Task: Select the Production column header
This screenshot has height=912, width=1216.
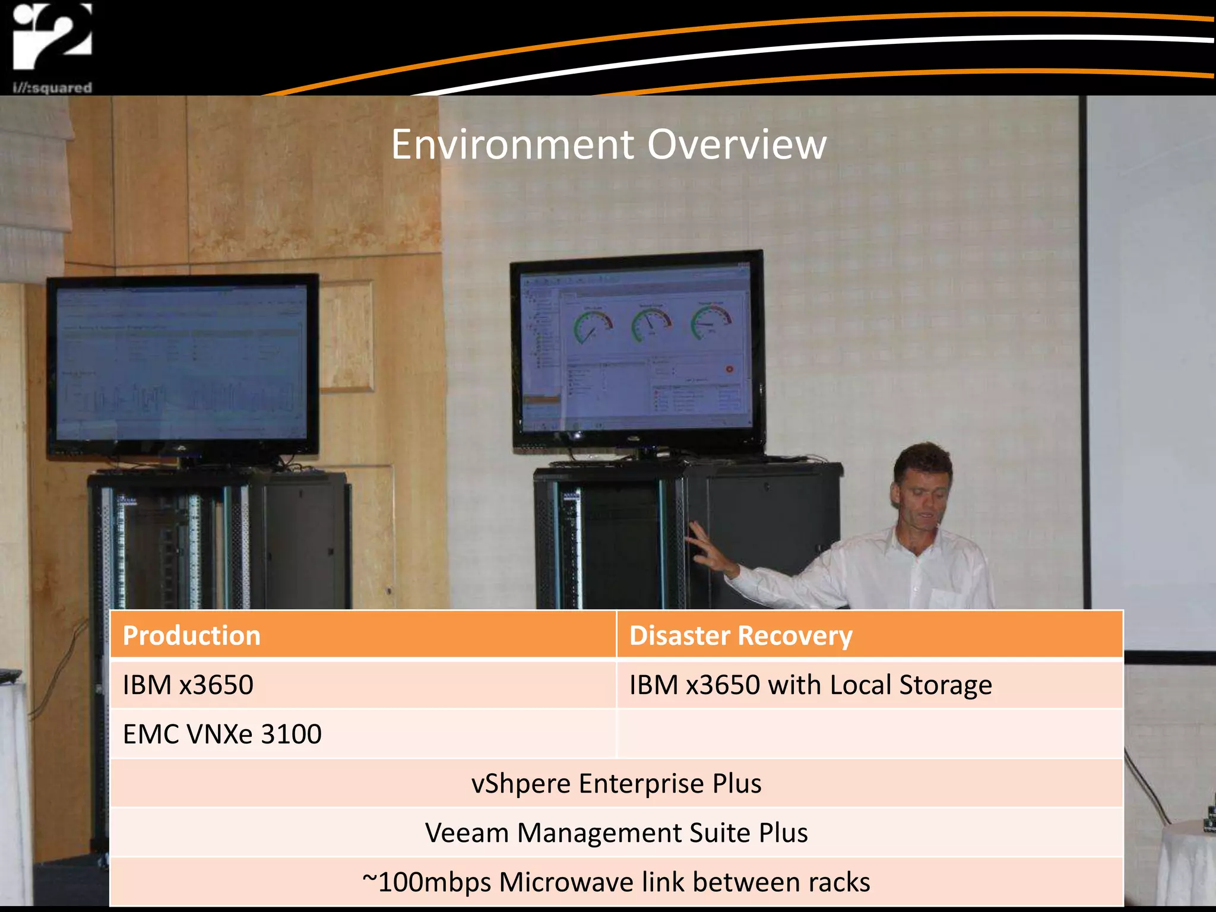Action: (x=192, y=635)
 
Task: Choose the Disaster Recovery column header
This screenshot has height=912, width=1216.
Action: (x=740, y=635)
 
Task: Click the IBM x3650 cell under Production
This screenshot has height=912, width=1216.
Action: (x=188, y=685)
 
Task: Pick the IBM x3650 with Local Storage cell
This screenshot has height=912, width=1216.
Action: (x=810, y=685)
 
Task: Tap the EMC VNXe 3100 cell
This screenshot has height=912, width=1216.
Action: (x=222, y=734)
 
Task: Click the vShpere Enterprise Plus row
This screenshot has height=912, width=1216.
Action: (x=616, y=783)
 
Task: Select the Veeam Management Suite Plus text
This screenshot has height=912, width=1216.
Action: (x=616, y=832)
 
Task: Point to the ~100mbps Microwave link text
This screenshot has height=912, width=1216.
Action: (x=616, y=882)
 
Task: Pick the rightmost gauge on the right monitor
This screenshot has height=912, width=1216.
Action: (x=711, y=321)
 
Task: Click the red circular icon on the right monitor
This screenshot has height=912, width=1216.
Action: (x=729, y=369)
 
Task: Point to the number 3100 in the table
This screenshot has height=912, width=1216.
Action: (x=291, y=734)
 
